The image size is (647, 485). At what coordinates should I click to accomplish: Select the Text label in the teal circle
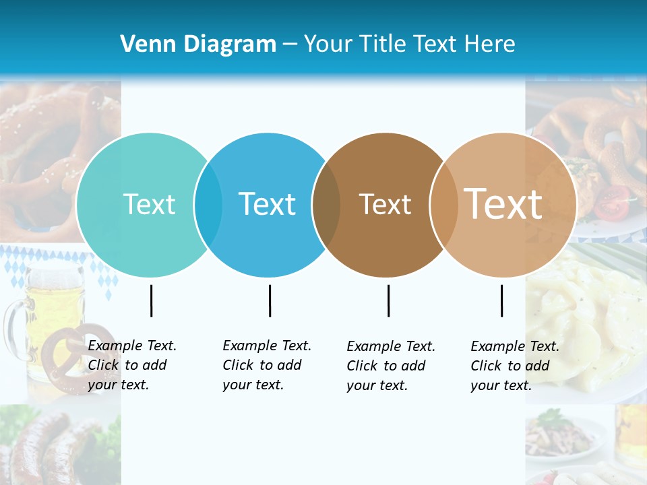point(149,204)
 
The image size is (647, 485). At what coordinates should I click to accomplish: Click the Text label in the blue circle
point(268,204)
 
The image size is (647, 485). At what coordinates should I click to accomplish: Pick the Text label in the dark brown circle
point(385,204)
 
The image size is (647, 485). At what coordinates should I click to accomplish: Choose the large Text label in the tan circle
point(503,203)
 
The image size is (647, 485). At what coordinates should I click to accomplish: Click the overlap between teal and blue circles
point(208,205)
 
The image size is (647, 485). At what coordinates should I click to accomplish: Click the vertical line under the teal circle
point(151,300)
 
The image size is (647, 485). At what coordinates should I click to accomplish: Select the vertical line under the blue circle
point(270,300)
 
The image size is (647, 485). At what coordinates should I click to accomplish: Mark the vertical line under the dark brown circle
point(388,300)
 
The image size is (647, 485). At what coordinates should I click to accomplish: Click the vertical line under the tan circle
point(501,300)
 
